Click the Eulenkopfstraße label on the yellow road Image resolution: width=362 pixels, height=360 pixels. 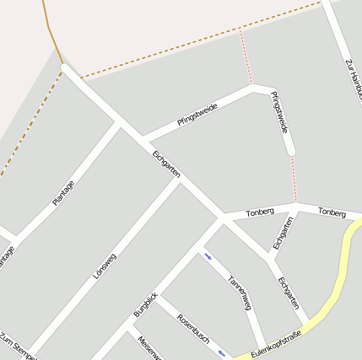pyautogui.click(x=277, y=345)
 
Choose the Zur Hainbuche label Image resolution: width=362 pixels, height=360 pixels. pyautogui.click(x=353, y=80)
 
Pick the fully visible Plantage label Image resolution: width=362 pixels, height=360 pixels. pyautogui.click(x=63, y=193)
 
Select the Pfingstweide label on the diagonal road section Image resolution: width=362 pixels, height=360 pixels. pyautogui.click(x=197, y=115)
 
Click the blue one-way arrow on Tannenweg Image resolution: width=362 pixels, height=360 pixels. pyautogui.click(x=208, y=256)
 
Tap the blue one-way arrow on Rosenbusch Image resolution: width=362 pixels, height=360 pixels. pyautogui.click(x=223, y=352)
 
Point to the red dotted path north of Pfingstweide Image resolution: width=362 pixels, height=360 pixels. pyautogui.click(x=246, y=56)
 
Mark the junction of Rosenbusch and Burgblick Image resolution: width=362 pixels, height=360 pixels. pyautogui.click(x=156, y=297)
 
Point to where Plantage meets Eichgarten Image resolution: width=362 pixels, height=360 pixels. pyautogui.click(x=118, y=121)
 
